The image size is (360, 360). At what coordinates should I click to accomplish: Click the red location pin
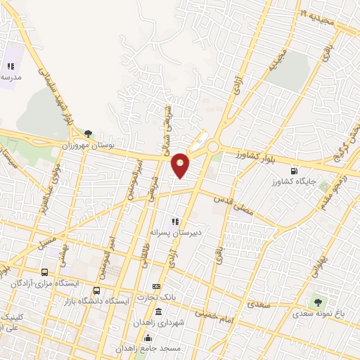coord(181,165)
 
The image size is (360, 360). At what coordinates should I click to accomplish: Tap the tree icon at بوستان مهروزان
coord(88,132)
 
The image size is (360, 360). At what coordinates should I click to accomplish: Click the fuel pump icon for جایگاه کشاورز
coord(294,170)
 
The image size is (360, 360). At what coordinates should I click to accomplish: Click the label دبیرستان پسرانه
coord(175,231)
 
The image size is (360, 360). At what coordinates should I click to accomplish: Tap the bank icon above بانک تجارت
coord(156,286)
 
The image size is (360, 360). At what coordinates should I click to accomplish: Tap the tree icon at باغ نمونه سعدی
coord(319,303)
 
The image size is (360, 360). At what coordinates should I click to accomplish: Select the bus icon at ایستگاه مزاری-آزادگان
coord(45,272)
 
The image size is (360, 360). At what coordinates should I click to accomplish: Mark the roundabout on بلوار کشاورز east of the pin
coord(212,146)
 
